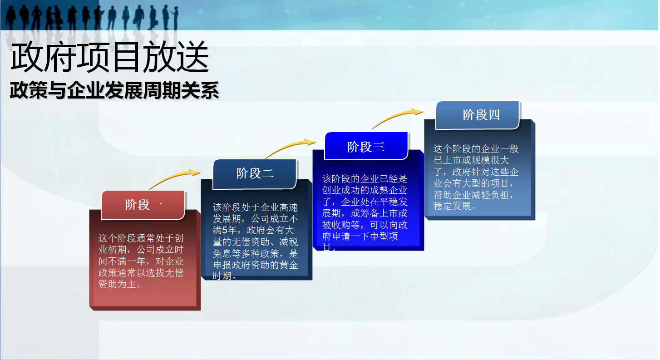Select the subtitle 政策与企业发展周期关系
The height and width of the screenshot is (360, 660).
[x=114, y=90]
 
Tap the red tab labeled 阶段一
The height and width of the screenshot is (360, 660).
[x=143, y=205]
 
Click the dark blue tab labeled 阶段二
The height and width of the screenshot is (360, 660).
[x=255, y=173]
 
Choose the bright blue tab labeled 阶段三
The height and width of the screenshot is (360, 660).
[x=366, y=147]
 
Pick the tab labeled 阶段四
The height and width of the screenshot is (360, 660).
[x=478, y=115]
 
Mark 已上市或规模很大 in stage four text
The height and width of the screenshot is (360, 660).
[x=471, y=160]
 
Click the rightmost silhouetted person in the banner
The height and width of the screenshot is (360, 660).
[x=176, y=18]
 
